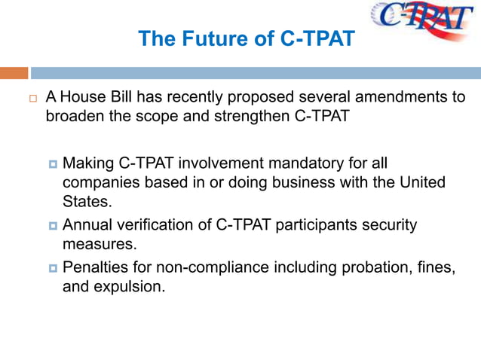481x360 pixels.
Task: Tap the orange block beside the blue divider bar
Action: [14, 73]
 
